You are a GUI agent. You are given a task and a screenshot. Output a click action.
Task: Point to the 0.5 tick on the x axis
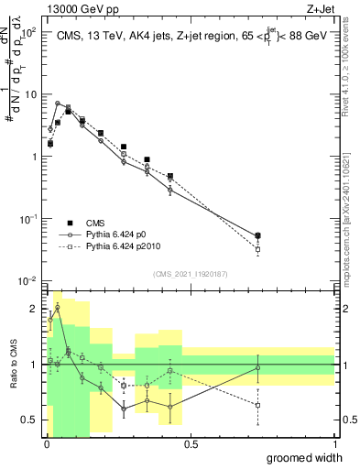(x=191, y=444)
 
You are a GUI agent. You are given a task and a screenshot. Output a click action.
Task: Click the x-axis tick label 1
(x=334, y=444)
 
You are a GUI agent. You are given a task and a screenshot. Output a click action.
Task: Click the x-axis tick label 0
(x=47, y=444)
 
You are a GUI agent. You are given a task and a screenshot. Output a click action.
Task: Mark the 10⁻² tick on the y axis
(x=27, y=280)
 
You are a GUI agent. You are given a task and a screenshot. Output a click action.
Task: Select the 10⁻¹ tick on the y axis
(x=27, y=219)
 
